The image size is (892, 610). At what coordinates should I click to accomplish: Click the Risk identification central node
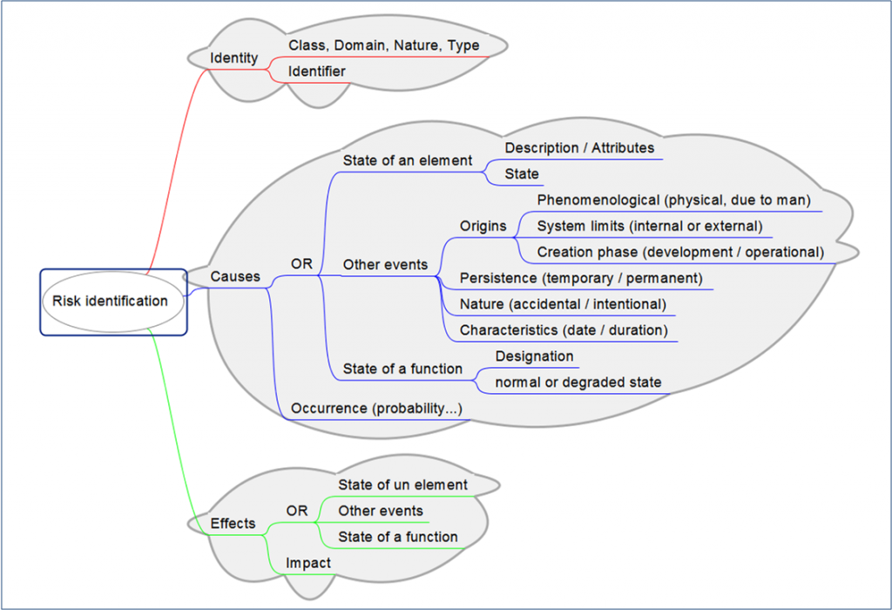click(110, 302)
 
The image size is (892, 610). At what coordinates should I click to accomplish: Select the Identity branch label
click(234, 58)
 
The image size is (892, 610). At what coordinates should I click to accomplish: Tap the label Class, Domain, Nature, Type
click(383, 45)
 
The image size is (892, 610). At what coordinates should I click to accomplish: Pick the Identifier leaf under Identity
click(317, 71)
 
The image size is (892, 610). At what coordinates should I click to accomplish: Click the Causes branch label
click(235, 276)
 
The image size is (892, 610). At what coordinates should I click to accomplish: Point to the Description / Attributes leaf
click(579, 148)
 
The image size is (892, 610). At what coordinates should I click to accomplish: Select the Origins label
click(483, 227)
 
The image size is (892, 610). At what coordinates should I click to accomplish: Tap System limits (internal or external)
click(650, 227)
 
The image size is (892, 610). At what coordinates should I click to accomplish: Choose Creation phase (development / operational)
click(680, 252)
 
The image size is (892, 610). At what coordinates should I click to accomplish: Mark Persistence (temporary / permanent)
click(581, 279)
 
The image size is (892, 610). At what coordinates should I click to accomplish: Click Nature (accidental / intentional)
click(563, 304)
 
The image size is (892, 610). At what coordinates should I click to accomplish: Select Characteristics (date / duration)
click(564, 330)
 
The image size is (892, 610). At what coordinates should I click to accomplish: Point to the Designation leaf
click(534, 356)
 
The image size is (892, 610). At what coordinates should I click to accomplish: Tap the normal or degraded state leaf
click(578, 383)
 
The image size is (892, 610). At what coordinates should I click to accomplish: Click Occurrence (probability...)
click(376, 409)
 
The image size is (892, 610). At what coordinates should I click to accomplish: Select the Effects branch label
click(233, 524)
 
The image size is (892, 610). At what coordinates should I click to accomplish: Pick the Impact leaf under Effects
click(308, 563)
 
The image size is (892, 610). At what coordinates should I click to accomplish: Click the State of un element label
click(402, 485)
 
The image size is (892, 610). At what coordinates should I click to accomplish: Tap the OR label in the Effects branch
click(297, 511)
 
